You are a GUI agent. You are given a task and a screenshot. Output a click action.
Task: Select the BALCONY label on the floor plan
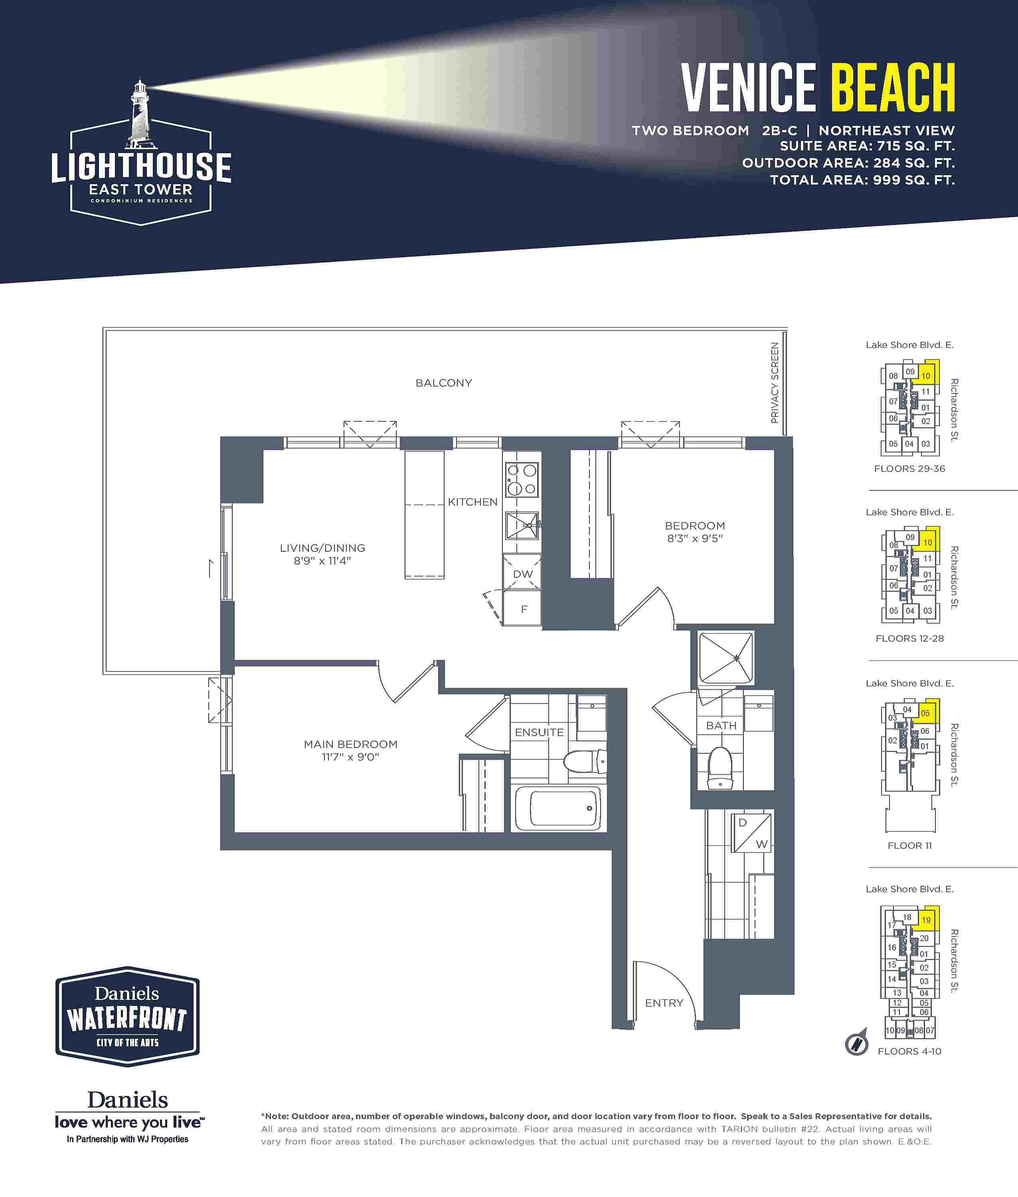(444, 383)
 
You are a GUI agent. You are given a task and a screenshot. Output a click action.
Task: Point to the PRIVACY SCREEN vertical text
(775, 383)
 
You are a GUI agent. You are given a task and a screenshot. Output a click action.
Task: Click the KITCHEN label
(472, 502)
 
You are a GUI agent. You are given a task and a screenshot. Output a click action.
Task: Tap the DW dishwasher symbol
(522, 572)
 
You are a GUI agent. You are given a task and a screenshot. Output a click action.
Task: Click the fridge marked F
(522, 608)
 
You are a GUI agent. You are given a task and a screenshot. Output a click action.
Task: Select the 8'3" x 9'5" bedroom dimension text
(695, 538)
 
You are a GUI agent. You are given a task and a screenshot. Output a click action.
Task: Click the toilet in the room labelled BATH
(720, 767)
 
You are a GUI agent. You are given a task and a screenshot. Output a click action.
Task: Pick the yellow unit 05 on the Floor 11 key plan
(925, 713)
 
